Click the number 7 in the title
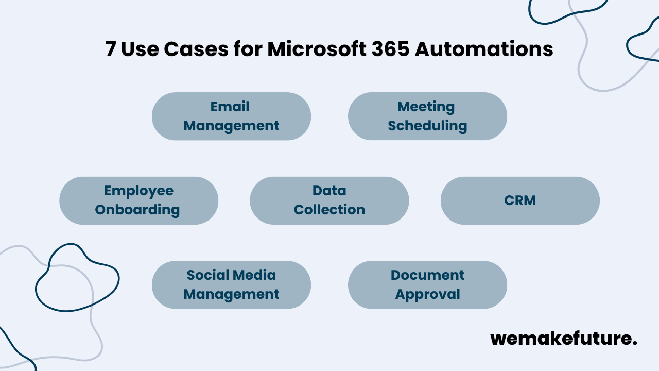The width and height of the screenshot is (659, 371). tap(111, 49)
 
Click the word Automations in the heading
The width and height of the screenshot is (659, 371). tap(484, 49)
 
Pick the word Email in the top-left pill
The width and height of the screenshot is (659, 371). tap(230, 107)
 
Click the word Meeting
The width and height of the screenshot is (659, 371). tap(426, 107)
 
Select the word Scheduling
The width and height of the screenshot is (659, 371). tap(427, 126)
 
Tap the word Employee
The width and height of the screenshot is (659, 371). tap(139, 191)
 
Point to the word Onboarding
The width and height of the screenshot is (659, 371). tap(137, 210)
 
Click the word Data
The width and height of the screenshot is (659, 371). tap(329, 191)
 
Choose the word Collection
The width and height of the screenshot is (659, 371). tap(329, 210)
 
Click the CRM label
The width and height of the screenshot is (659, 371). tap(520, 200)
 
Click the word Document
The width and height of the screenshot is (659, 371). tap(427, 275)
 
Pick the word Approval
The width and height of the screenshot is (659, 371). tap(427, 294)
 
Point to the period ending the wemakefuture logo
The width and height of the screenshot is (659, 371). tap(634, 344)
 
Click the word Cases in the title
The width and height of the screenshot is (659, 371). tap(196, 49)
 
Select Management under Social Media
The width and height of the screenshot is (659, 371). tap(231, 294)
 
